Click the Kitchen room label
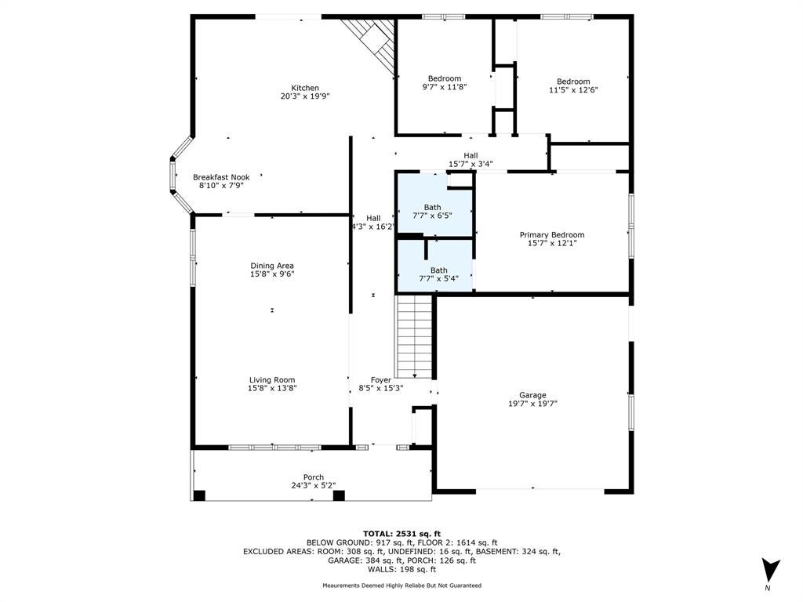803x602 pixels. [305, 88]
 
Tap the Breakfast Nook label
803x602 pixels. [221, 177]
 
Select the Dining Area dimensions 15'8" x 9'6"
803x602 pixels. [272, 274]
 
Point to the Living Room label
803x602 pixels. [272, 380]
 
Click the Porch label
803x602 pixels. [314, 477]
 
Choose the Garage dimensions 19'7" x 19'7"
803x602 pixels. [532, 404]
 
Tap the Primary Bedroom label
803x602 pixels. [552, 235]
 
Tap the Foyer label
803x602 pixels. [381, 380]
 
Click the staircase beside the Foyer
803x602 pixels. [414, 337]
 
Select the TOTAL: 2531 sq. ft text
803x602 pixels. [401, 533]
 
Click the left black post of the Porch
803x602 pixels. [198, 495]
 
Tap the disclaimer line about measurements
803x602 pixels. [402, 585]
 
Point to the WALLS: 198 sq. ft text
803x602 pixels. [401, 569]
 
